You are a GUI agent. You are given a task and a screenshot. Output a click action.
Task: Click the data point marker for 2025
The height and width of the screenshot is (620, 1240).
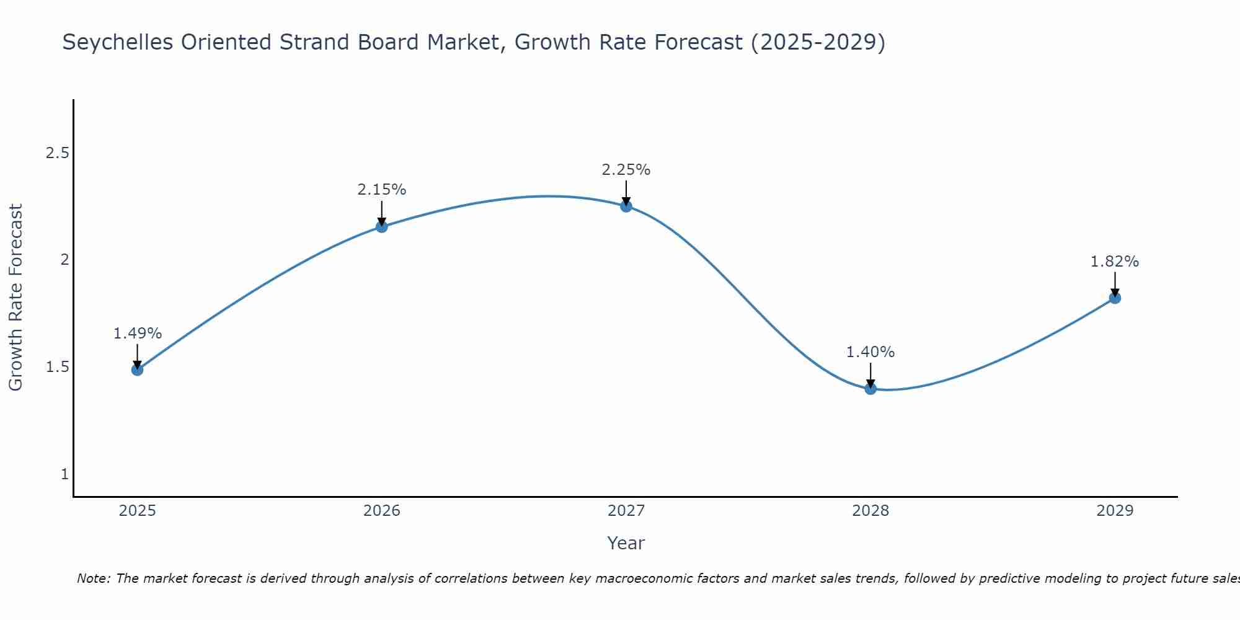click(x=137, y=370)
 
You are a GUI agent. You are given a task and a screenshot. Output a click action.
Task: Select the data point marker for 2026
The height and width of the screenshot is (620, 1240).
click(x=381, y=227)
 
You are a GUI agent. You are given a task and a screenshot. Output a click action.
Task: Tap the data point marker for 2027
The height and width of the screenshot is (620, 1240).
click(x=626, y=206)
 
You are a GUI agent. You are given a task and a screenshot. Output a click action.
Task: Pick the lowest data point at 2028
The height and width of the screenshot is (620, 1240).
click(x=870, y=389)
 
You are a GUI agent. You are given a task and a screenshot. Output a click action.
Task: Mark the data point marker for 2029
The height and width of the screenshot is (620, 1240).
click(x=1115, y=298)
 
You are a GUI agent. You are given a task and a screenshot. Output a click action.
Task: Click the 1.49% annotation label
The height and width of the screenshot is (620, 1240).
click(x=137, y=334)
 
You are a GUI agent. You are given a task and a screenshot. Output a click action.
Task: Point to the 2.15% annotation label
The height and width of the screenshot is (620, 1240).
click(x=381, y=190)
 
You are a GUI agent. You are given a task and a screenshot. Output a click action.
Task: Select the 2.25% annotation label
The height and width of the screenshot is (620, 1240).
click(x=626, y=170)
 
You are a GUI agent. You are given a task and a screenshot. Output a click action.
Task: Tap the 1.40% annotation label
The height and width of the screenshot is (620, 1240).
click(x=870, y=352)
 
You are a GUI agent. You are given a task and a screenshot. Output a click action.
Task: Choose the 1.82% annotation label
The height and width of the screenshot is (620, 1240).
click(x=1115, y=262)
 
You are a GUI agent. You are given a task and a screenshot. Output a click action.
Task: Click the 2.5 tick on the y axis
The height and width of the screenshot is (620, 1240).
click(x=57, y=153)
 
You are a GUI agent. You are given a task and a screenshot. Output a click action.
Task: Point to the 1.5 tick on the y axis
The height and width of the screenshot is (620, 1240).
click(x=57, y=367)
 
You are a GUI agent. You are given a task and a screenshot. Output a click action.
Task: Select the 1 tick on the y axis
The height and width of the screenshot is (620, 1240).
click(x=64, y=474)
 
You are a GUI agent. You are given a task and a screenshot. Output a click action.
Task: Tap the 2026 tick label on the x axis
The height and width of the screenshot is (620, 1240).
click(x=381, y=511)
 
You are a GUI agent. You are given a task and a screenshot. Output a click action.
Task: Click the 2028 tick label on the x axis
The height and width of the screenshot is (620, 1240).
click(x=870, y=511)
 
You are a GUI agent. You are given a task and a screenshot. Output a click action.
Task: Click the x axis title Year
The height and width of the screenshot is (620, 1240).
click(x=626, y=543)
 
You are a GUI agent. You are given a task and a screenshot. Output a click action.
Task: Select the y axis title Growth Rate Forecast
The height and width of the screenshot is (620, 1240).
click(x=15, y=298)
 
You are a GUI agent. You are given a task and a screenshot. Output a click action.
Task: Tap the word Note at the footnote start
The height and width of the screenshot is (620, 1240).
click(x=93, y=578)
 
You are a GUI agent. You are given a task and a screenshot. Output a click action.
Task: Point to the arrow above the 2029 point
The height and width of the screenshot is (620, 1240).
click(x=1115, y=284)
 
